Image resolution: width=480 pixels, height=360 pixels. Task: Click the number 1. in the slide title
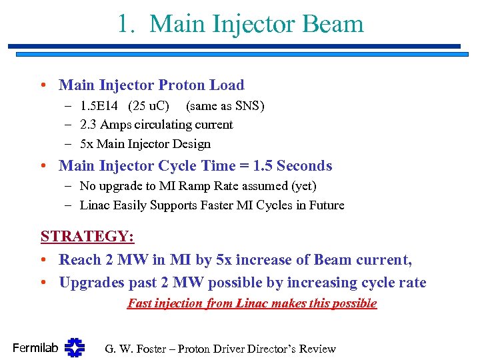(127, 24)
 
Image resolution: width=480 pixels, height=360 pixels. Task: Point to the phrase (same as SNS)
(225, 106)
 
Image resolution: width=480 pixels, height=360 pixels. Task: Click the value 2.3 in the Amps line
(89, 125)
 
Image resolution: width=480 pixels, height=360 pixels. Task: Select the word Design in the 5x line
(191, 144)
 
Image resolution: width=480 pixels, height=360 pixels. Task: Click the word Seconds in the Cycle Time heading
(304, 166)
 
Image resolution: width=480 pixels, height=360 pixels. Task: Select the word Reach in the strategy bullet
(79, 260)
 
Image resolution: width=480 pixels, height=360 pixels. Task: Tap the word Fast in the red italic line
(140, 303)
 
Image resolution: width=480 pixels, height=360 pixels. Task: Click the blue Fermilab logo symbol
(75, 347)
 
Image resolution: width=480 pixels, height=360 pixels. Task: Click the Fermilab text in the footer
(35, 347)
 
